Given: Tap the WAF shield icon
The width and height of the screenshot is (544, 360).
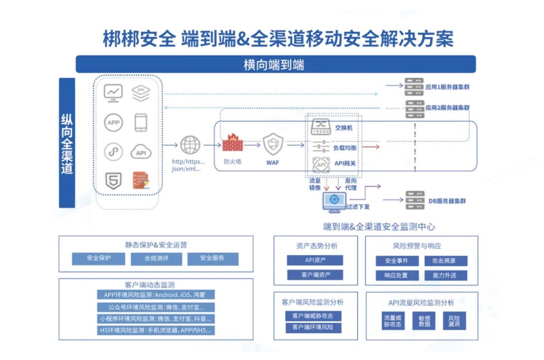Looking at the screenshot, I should click(273, 144).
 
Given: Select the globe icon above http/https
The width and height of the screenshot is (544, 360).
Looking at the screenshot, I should click(190, 145).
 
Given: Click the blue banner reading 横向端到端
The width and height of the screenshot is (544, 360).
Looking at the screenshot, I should click(276, 64).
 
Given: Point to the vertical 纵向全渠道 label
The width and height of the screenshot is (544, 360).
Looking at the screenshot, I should click(67, 143).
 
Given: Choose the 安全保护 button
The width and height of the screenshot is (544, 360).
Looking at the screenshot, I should click(98, 259).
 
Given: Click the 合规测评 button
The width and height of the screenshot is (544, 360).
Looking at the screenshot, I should click(156, 259).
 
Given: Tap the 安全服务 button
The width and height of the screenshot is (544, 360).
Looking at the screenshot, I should click(212, 259).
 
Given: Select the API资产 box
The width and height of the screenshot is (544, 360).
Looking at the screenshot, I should click(315, 260).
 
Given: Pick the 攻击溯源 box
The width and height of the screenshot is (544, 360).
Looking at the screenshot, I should click(444, 261).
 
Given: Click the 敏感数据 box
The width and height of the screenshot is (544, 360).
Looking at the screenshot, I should click(425, 321).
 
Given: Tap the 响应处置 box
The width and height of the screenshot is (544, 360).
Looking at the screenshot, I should click(396, 275).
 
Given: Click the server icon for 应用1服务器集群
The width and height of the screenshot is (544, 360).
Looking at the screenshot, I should click(414, 87).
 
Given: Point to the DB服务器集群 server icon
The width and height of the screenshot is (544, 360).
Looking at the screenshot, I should click(415, 201).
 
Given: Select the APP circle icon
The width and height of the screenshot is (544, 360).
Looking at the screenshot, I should click(113, 123).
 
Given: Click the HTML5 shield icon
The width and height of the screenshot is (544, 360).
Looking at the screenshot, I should click(113, 181).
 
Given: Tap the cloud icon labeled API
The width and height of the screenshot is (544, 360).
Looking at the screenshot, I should click(141, 152).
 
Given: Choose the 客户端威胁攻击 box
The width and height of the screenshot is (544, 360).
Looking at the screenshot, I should click(313, 316).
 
